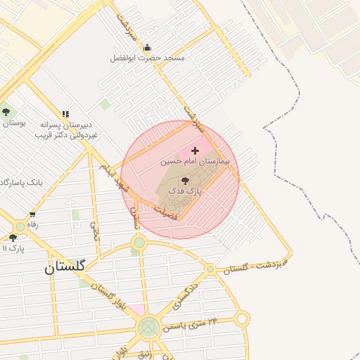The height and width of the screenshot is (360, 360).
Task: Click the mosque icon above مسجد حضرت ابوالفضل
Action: coord(147,48)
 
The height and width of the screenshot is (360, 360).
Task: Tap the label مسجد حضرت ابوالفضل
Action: coord(147,58)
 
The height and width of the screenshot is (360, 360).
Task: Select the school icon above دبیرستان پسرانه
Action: coord(65,114)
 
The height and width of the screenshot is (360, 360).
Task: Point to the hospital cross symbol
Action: coord(195,150)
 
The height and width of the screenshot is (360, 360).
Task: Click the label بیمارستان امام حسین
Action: coord(186,161)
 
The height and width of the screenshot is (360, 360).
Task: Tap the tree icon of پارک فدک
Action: coord(186,181)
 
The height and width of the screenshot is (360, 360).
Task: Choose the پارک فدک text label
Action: coord(188,191)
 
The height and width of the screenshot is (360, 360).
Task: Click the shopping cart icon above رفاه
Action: coord(32,214)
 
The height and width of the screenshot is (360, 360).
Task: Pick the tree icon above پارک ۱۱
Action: coord(13,238)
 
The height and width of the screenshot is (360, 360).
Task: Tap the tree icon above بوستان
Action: coord(6,112)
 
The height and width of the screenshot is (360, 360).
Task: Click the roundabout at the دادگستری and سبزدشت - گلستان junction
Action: coord(210,269)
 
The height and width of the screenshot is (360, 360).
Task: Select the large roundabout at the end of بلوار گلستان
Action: coord(148,327)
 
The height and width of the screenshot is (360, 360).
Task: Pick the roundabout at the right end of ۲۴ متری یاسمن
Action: coord(243,319)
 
